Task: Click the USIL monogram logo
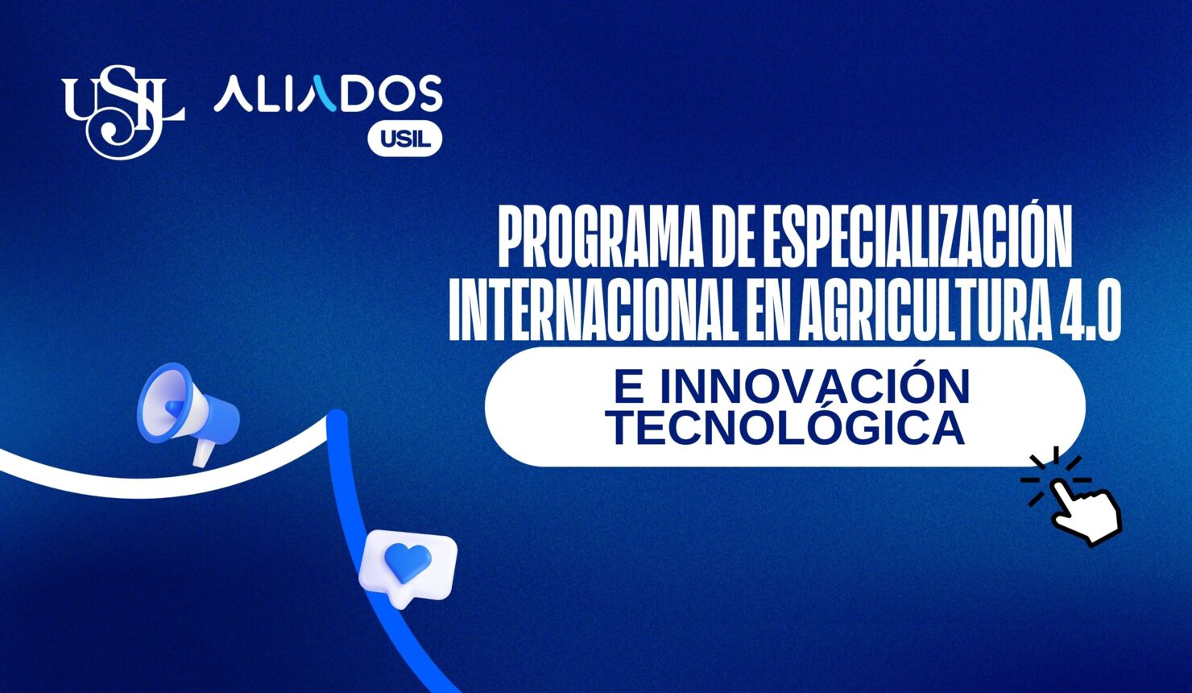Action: pyautogui.click(x=122, y=111)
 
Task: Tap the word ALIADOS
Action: pyautogui.click(x=328, y=95)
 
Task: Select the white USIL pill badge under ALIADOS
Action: pyautogui.click(x=404, y=139)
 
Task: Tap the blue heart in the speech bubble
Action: pyautogui.click(x=408, y=562)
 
